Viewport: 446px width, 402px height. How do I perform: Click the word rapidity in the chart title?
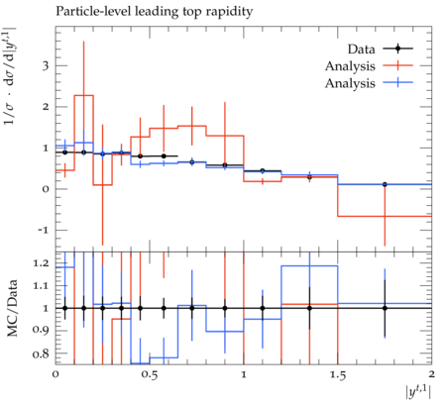click(x=229, y=12)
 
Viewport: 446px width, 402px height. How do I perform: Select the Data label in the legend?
click(x=362, y=50)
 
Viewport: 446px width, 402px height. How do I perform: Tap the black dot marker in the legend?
click(x=398, y=49)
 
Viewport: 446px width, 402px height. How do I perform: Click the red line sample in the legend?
click(x=398, y=65)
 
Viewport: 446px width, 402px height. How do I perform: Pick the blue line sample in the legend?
click(x=398, y=82)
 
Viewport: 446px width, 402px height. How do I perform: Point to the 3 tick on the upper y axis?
click(x=46, y=65)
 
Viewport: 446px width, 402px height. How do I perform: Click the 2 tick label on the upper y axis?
click(x=46, y=107)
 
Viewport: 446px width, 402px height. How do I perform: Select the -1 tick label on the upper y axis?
click(x=43, y=230)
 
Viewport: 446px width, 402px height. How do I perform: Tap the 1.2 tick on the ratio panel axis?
click(x=41, y=263)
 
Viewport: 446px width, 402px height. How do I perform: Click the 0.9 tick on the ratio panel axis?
click(x=41, y=331)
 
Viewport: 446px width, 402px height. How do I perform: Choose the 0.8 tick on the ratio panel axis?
click(x=41, y=353)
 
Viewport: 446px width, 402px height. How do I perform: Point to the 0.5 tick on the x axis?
click(x=150, y=374)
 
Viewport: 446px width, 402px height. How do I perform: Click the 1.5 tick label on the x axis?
click(x=338, y=374)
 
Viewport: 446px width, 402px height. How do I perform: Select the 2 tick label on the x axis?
click(x=431, y=374)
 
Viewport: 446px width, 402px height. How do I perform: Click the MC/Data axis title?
click(x=12, y=308)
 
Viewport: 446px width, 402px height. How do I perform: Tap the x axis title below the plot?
click(x=418, y=392)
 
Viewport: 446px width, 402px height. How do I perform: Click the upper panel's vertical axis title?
click(x=10, y=75)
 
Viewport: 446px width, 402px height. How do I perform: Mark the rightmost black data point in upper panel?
click(x=385, y=184)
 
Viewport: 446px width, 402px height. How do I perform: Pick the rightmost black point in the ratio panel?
click(x=385, y=308)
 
